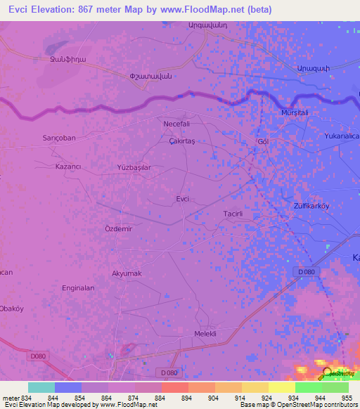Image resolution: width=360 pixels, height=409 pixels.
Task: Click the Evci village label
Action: point(182,199)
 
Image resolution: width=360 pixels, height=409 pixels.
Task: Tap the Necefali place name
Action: point(177,123)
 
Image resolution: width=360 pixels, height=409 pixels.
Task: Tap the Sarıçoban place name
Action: point(59,138)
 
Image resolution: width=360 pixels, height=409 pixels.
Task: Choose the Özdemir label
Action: point(119,229)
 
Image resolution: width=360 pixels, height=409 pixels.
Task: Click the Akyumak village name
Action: point(127,273)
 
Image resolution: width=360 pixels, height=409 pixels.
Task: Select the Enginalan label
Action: point(78,288)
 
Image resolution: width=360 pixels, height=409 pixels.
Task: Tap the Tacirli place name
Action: point(233,213)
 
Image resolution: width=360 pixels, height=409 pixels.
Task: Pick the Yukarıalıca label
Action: point(341,136)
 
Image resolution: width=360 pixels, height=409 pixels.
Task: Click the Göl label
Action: point(264,141)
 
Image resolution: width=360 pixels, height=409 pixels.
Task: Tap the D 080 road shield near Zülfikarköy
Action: point(304,271)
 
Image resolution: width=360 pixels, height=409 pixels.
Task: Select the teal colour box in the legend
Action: point(41,387)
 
